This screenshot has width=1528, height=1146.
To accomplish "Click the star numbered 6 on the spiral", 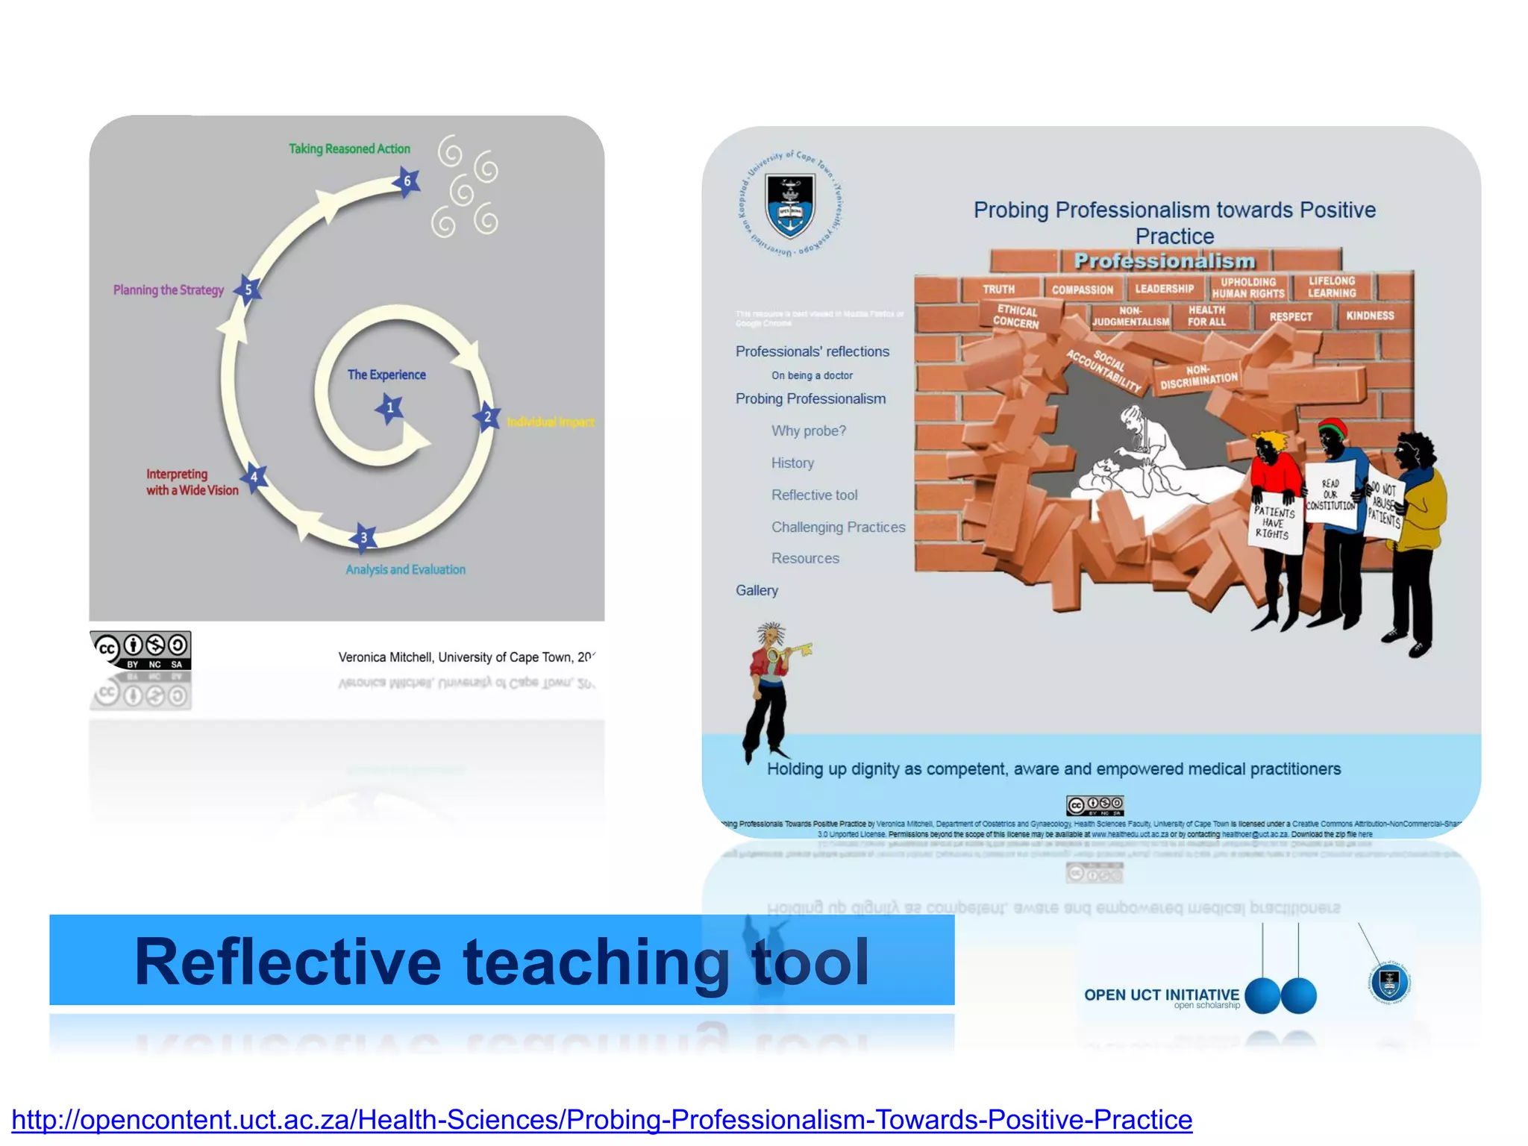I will (x=407, y=181).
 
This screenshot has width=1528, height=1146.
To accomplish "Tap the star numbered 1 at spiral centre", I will (x=389, y=408).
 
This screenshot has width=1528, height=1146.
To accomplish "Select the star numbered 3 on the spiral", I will (x=363, y=537).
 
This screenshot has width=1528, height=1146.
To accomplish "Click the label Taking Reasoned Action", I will (x=349, y=149).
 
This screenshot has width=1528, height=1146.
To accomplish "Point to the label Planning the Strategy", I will (x=169, y=290).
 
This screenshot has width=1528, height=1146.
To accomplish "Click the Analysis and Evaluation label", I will (x=405, y=570).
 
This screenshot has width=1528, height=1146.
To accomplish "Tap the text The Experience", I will (x=386, y=375).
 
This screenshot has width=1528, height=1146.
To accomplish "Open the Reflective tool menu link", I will (x=814, y=495).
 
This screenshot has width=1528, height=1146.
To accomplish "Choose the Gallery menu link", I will (x=757, y=591).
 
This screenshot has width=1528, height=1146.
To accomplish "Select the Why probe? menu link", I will (x=809, y=431).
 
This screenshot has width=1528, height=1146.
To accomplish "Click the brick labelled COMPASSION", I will (x=1082, y=289).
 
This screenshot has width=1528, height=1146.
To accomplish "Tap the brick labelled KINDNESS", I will (x=1370, y=316).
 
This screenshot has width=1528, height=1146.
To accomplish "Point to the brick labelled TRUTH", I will (x=998, y=289).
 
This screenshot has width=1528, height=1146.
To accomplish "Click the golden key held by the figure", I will (x=794, y=651).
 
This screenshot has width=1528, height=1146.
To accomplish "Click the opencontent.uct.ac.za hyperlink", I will (x=601, y=1120).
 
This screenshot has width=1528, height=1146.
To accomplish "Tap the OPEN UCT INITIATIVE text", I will (x=1161, y=995).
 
